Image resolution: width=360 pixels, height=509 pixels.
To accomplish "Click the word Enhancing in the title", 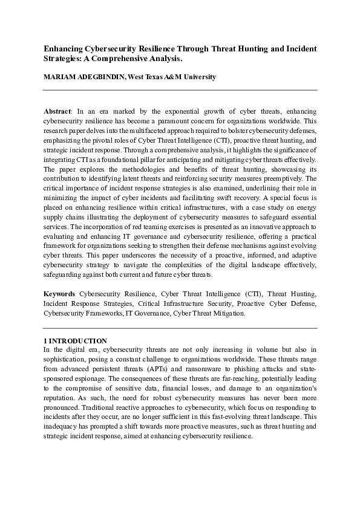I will click(x=62, y=48).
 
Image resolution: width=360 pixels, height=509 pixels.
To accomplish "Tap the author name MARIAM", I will click(x=60, y=77).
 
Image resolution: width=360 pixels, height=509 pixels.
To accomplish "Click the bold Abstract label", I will click(x=57, y=112).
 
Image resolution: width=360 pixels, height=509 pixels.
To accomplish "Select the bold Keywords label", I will click(x=59, y=293).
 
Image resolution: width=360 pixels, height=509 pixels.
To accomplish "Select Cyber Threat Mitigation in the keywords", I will click(x=209, y=313).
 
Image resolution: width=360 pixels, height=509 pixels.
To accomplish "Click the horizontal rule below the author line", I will click(x=180, y=90).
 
